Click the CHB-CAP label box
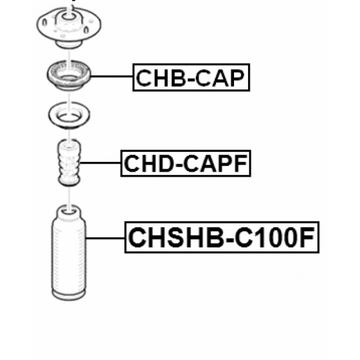pyautogui.click(x=191, y=77)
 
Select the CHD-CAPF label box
pyautogui.click(x=186, y=163)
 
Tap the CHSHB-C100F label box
pyautogui.click(x=222, y=237)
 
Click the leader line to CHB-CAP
pyautogui.click(x=112, y=76)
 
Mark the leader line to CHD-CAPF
pyautogui.click(x=100, y=163)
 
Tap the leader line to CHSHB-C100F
pyautogui.click(x=105, y=238)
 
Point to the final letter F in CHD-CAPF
pyautogui.click(x=241, y=163)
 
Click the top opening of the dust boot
pyautogui.click(x=69, y=211)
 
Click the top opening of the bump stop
pyautogui.click(x=69, y=144)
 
